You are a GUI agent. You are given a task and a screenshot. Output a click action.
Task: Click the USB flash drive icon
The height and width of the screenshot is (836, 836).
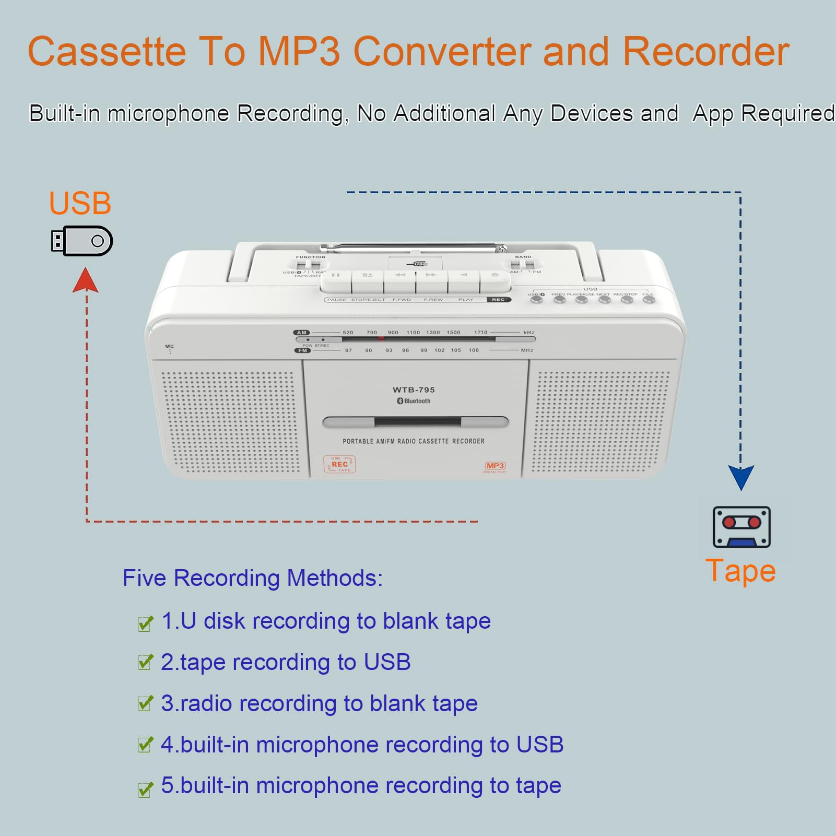[82, 241]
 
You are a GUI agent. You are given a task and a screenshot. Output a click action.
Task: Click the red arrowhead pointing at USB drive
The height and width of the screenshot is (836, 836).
[86, 280]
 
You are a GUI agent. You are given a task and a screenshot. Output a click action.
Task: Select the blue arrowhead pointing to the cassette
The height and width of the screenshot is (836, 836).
[740, 477]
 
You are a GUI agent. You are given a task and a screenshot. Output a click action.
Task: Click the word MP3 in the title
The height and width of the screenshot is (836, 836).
[299, 52]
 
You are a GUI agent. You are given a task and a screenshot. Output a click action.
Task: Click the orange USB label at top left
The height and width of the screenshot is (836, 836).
[80, 203]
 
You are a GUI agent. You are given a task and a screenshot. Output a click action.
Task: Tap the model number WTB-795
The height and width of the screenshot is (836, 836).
[414, 390]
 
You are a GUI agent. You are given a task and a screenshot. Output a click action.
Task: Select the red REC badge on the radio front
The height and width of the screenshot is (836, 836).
[339, 464]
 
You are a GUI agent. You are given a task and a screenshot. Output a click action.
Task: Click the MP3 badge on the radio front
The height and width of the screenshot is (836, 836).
[494, 466]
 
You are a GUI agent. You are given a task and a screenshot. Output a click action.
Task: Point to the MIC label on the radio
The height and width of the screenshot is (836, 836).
[169, 347]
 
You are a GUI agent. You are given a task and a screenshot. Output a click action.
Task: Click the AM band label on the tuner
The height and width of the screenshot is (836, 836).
[301, 333]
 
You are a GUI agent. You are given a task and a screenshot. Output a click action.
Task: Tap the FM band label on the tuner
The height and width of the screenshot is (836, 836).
[302, 350]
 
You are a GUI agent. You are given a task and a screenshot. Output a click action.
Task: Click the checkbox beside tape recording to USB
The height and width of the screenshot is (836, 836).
[145, 663]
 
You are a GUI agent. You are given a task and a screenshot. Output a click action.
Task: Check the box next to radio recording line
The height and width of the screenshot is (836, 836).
[145, 704]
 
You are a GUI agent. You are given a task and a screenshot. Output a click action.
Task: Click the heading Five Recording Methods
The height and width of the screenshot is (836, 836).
[252, 578]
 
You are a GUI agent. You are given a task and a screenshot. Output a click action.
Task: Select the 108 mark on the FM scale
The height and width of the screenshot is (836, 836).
[474, 350]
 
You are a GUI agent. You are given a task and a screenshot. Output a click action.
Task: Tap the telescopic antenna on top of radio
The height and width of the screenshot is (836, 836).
[413, 247]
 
